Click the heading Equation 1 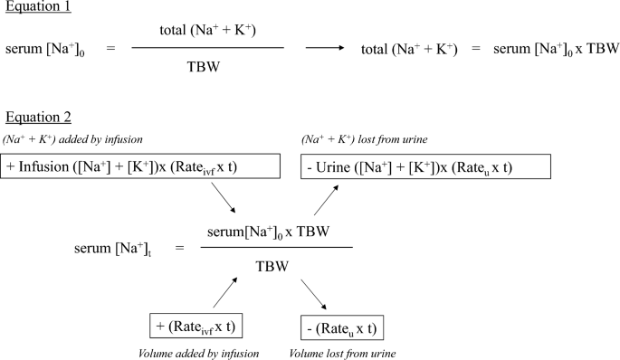[37, 8]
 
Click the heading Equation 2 [37, 118]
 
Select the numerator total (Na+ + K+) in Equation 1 [207, 30]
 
